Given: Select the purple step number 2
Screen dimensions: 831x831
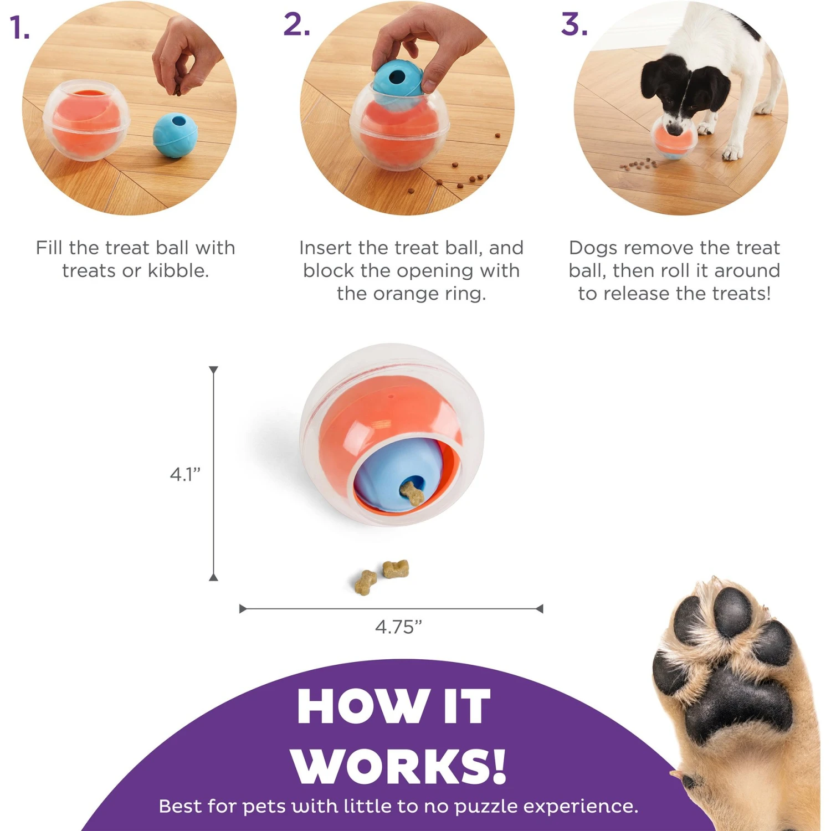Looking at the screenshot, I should tap(296, 25).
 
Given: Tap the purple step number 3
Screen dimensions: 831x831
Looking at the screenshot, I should tap(574, 25).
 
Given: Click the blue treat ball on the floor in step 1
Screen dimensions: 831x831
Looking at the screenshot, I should tap(175, 136).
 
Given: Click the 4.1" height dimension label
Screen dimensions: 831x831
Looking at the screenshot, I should tap(184, 474).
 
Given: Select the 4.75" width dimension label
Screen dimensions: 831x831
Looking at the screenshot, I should tap(398, 627).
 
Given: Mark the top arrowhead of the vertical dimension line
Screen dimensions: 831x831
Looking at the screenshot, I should tap(214, 370).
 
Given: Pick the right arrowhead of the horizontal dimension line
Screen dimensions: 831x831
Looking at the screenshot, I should tap(540, 609).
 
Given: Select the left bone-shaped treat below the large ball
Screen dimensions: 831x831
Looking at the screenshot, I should tap(365, 582).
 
